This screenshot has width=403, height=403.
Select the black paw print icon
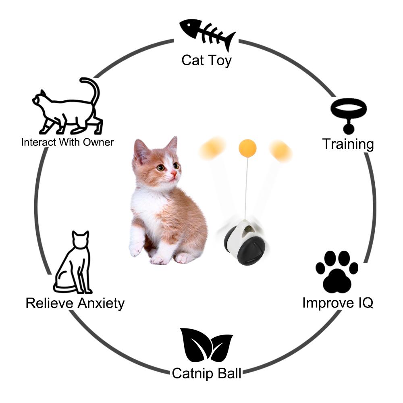[337, 272]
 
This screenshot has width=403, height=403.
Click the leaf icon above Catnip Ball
[206, 345]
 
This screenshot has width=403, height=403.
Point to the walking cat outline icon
[67, 106]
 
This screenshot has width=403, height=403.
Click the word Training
[348, 144]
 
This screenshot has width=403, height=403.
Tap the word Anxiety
[101, 303]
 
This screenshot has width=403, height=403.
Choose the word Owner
[98, 142]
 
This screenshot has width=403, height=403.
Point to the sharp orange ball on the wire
[247, 148]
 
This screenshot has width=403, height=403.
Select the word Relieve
[50, 303]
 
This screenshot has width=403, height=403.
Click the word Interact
[39, 142]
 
